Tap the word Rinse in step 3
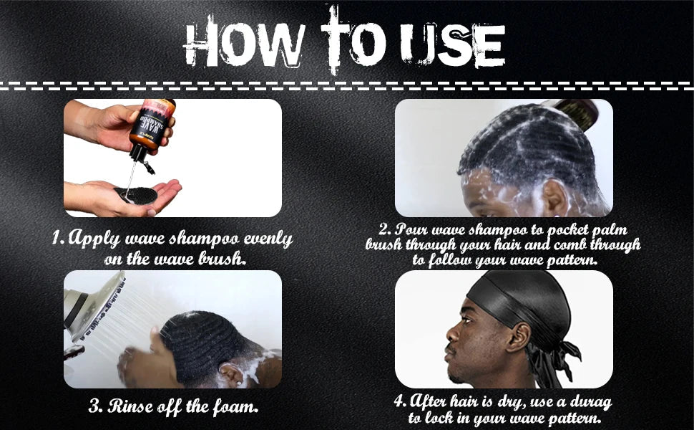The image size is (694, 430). point(135,406)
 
